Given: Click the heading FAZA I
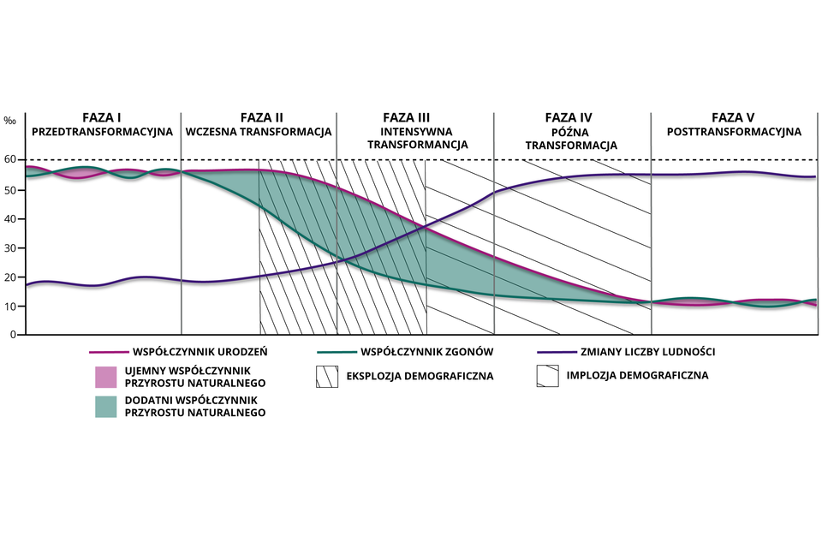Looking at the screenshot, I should pyautogui.click(x=102, y=118).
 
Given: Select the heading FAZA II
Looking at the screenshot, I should pyautogui.click(x=262, y=118).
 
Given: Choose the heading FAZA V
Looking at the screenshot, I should pyautogui.click(x=733, y=118).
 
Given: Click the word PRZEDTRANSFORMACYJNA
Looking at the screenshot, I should pyautogui.click(x=102, y=133).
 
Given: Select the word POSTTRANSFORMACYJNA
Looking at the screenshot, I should pyautogui.click(x=733, y=133).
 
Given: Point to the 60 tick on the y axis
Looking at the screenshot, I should pyautogui.click(x=10, y=160).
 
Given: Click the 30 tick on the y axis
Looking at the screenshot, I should pyautogui.click(x=10, y=248).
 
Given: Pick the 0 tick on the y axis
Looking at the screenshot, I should pyautogui.click(x=13, y=335).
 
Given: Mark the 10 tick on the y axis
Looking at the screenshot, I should pyautogui.click(x=10, y=307).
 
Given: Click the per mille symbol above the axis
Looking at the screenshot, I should pyautogui.click(x=9, y=121).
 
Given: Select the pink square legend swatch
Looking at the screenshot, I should pyautogui.click(x=105, y=376).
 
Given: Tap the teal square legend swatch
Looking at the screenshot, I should pyautogui.click(x=105, y=407).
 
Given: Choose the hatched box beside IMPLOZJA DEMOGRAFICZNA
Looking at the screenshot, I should pyautogui.click(x=546, y=376).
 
